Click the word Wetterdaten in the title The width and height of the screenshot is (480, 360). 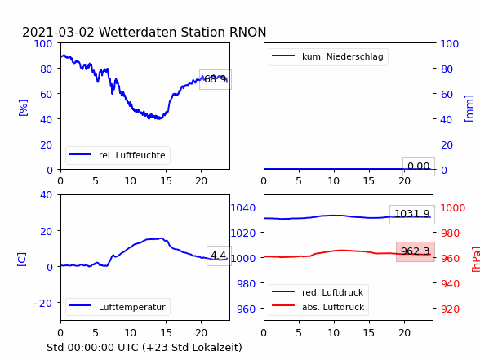click(138, 32)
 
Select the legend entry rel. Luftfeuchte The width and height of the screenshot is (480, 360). click(118, 155)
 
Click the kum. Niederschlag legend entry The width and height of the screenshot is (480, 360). click(328, 56)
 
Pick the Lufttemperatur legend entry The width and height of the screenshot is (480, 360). click(118, 307)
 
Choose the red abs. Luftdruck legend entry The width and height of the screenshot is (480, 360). click(318, 307)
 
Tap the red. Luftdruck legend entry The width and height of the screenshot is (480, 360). click(318, 292)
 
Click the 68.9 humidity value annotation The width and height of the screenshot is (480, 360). click(216, 79)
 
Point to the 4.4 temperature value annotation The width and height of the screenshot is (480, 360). click(219, 256)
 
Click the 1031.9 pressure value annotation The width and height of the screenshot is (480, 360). click(412, 214)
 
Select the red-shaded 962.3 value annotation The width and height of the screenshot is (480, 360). click(416, 251)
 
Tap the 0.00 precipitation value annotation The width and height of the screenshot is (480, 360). click(419, 167)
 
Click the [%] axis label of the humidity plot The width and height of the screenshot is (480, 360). click(23, 108)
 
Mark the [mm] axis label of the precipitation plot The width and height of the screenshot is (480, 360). click(469, 109)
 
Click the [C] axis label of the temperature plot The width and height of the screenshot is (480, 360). click(21, 260)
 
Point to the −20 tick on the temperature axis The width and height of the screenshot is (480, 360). click(42, 303)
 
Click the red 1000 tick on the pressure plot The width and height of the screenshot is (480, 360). click(453, 208)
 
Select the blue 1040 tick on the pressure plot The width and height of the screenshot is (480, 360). click(243, 208)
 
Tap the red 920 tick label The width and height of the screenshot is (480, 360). click(450, 309)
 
